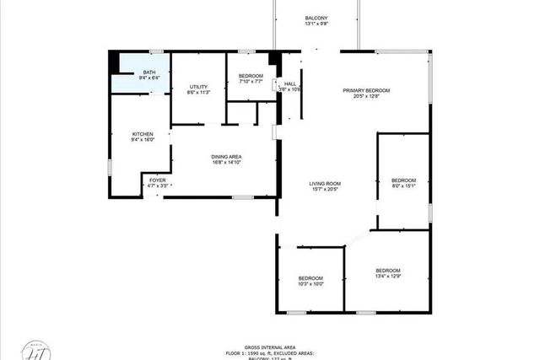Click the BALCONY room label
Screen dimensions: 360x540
pyautogui.click(x=316, y=18)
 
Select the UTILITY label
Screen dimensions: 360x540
pyautogui.click(x=198, y=87)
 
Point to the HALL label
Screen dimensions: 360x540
pyautogui.click(x=290, y=83)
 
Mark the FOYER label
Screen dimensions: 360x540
pyautogui.click(x=158, y=180)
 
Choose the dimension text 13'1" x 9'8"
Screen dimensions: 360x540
pyautogui.click(x=316, y=24)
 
